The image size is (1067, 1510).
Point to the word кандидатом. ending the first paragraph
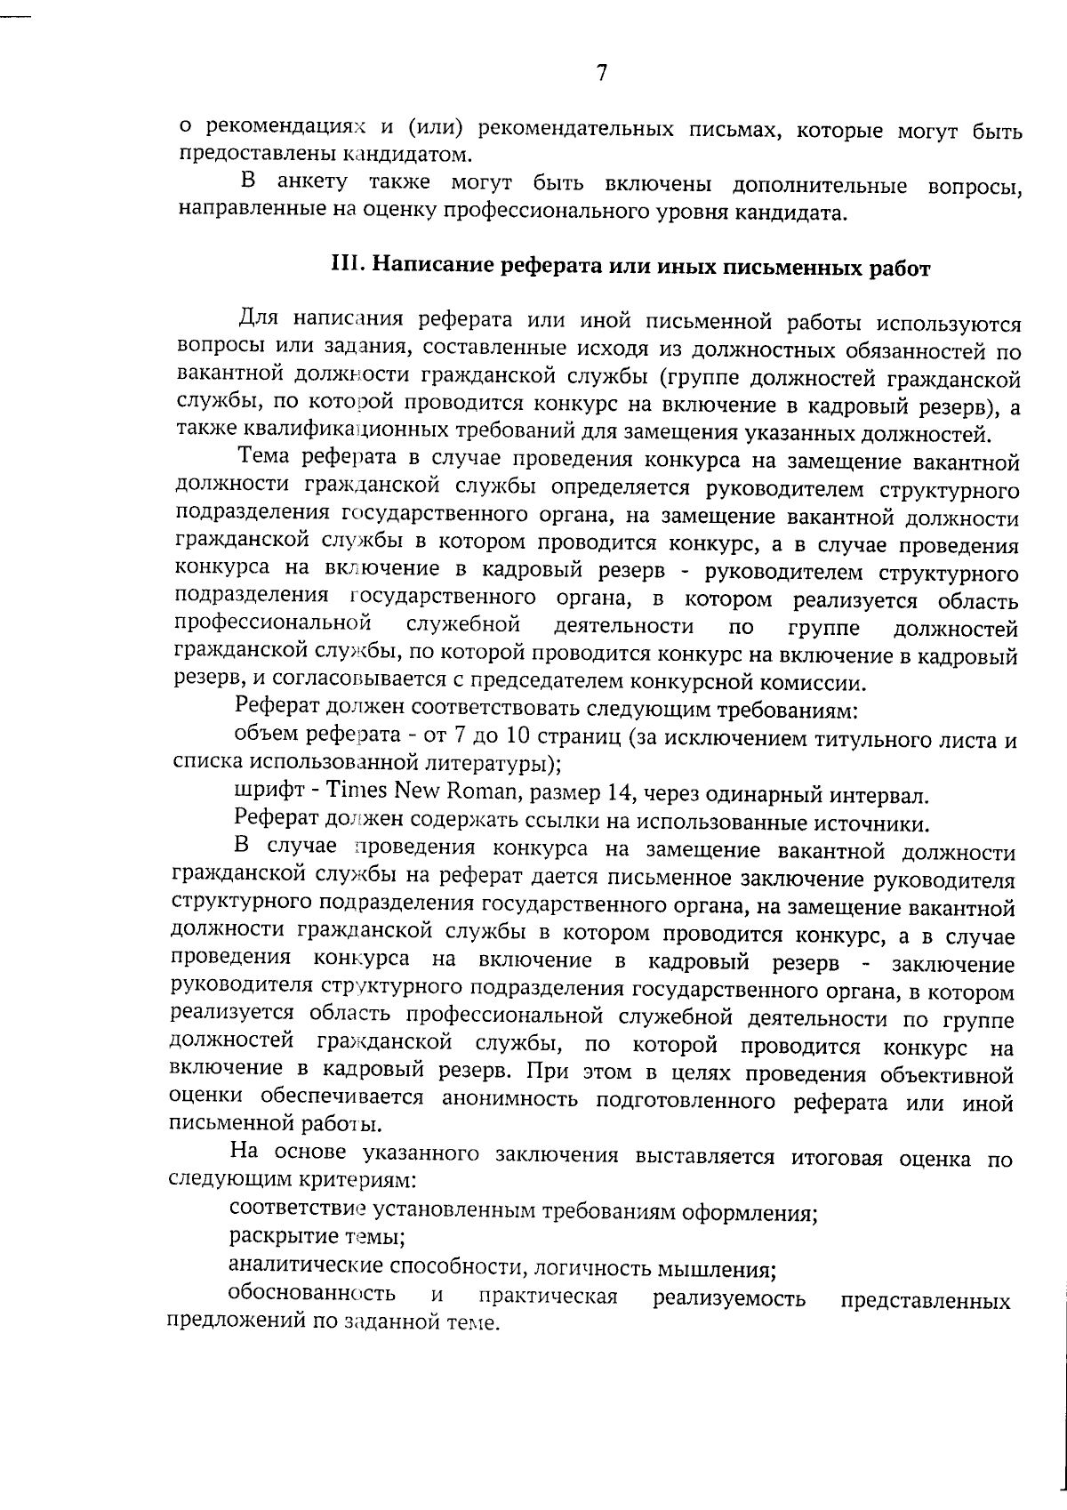coord(414,155)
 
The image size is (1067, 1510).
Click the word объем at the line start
coord(265,736)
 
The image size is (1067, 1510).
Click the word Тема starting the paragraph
coord(264,460)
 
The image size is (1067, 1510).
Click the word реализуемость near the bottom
coord(729,1298)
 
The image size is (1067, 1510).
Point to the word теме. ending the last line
coord(471,1322)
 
